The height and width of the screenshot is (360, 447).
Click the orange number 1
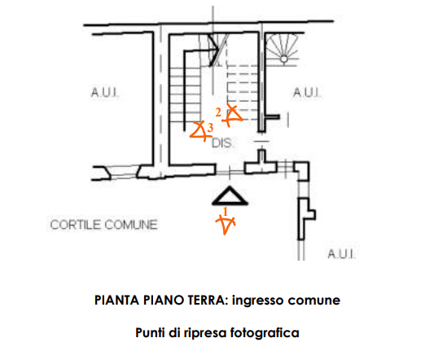(226, 212)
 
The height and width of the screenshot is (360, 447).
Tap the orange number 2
(218, 112)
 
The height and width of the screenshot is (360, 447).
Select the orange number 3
(210, 128)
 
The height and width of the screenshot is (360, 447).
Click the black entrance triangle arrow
(230, 196)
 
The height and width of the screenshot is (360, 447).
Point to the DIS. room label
(222, 143)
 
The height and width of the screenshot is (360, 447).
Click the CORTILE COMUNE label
(103, 225)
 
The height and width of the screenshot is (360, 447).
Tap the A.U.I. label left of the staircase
(105, 92)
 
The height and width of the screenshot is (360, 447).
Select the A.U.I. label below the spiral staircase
(307, 92)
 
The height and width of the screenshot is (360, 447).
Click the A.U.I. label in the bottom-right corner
(341, 254)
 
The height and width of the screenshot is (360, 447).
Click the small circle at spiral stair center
(284, 59)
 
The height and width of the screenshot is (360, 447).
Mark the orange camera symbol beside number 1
(226, 225)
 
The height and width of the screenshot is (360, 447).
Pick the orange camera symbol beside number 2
(232, 116)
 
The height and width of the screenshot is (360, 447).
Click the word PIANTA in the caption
(116, 301)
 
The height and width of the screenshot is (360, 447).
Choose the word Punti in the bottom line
(151, 333)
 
